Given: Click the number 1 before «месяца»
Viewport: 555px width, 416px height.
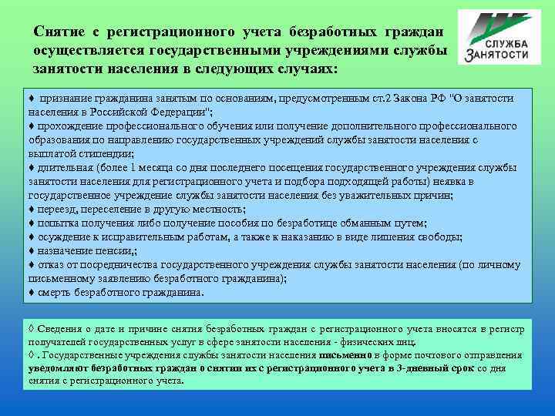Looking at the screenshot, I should pyautogui.click(x=133, y=167).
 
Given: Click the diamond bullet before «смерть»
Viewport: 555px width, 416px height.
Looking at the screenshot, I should pyautogui.click(x=31, y=293).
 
